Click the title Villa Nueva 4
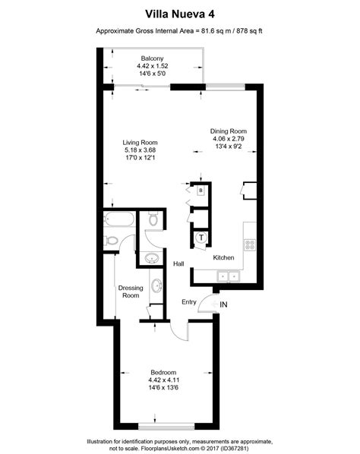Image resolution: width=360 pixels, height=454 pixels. (180, 13)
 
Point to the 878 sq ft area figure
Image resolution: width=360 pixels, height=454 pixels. (249, 31)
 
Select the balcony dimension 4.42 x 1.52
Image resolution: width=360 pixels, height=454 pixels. (153, 66)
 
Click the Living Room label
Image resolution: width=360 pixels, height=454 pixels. (141, 143)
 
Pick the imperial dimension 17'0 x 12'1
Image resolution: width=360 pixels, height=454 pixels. (141, 159)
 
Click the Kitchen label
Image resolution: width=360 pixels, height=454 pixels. (223, 258)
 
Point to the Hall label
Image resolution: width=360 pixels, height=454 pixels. (178, 263)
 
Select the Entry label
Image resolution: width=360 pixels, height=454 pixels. (189, 302)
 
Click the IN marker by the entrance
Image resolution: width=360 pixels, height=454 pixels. (223, 305)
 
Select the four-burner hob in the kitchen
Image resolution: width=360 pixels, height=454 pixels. (250, 244)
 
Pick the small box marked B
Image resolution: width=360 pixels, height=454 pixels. (201, 191)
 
